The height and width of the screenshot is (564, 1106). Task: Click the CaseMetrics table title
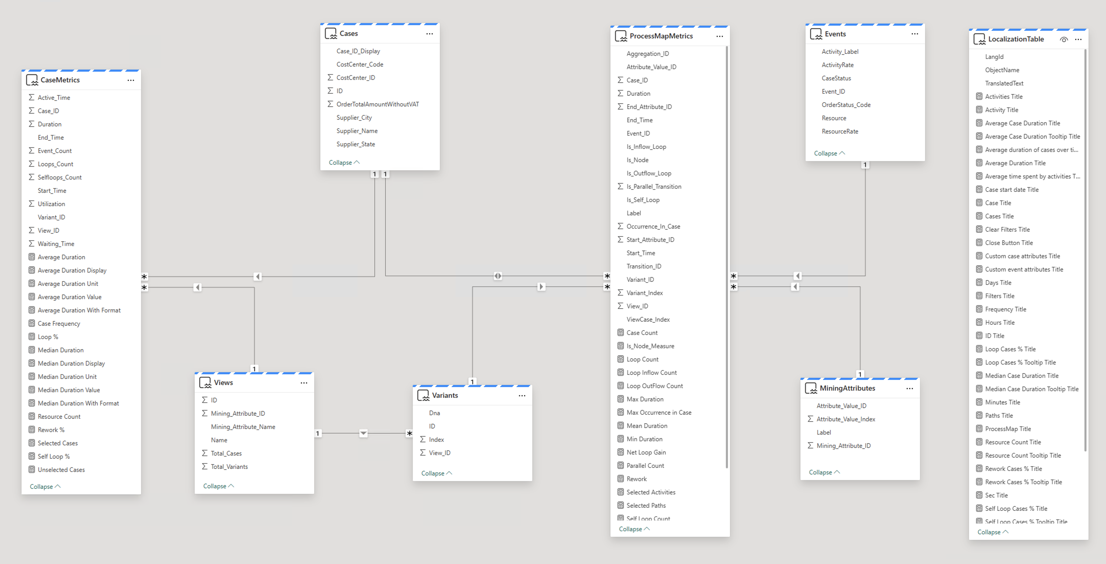60,80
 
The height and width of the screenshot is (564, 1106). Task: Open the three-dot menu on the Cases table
429,33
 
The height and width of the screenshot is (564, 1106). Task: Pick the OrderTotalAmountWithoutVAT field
378,104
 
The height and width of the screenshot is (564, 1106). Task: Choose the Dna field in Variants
434,413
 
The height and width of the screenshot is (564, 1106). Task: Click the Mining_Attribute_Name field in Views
243,426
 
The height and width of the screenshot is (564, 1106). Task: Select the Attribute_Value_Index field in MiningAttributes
846,419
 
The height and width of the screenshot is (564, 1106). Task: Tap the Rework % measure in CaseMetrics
51,430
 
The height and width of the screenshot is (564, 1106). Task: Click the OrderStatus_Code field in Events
846,105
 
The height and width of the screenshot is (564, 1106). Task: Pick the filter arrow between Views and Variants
363,433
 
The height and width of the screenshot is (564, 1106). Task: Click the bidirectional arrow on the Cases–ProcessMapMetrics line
498,276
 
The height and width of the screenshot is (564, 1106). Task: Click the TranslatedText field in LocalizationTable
1004,83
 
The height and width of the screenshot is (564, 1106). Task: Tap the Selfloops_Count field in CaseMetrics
60,177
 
